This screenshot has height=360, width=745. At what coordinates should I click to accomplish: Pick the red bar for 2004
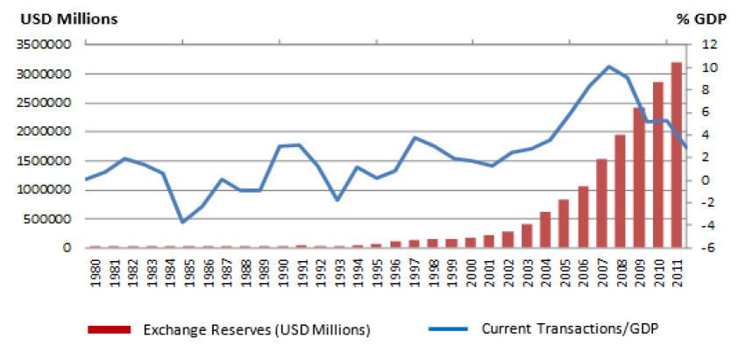545,229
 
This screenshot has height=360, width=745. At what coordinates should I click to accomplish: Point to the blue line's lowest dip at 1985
182,222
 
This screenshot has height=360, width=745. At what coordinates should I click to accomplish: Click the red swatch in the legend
109,330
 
